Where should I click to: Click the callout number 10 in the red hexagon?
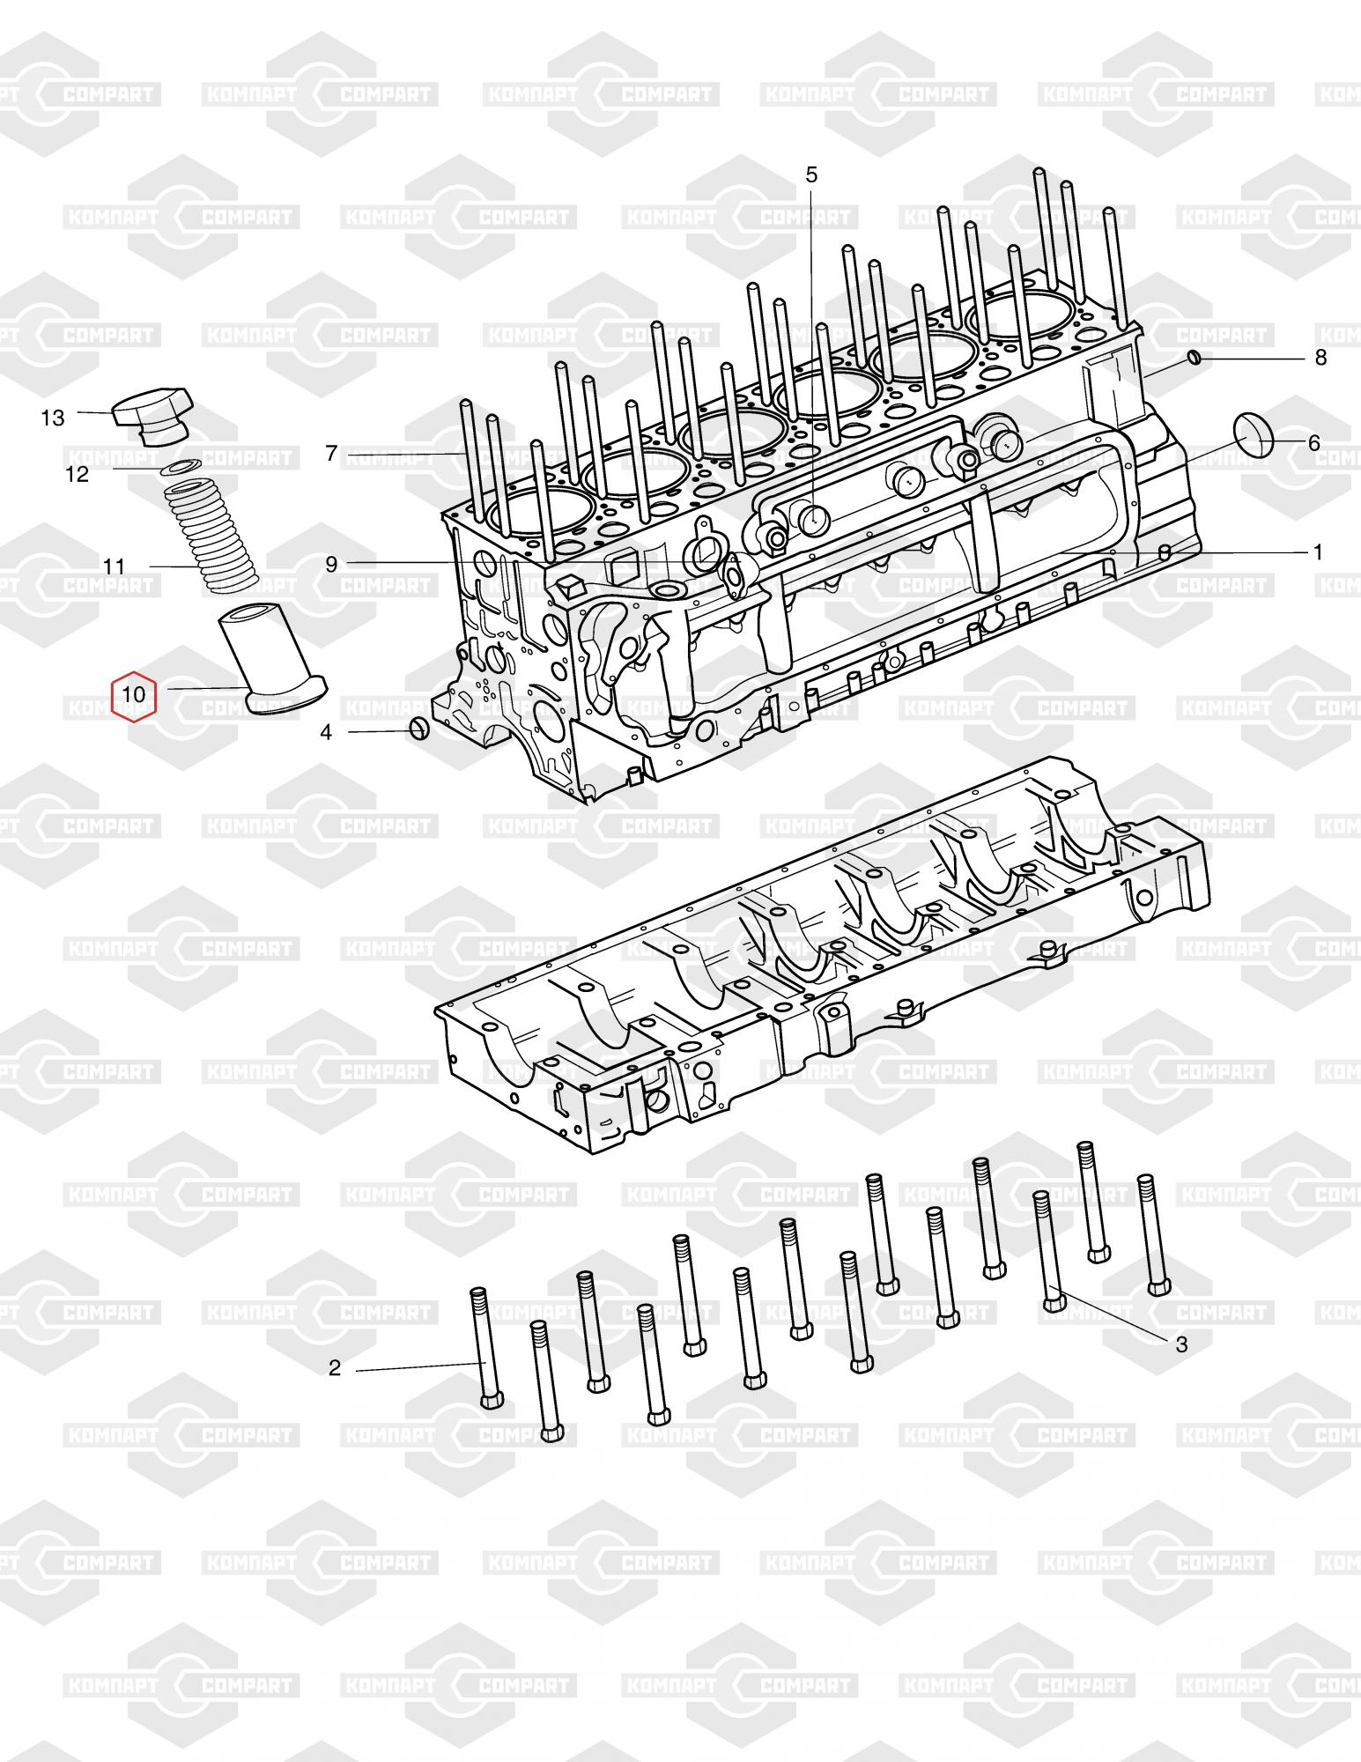tap(134, 694)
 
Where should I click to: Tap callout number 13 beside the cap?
tap(53, 418)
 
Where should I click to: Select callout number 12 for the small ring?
tap(78, 475)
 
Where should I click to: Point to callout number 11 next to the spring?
tap(115, 566)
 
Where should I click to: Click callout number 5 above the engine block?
tap(811, 175)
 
